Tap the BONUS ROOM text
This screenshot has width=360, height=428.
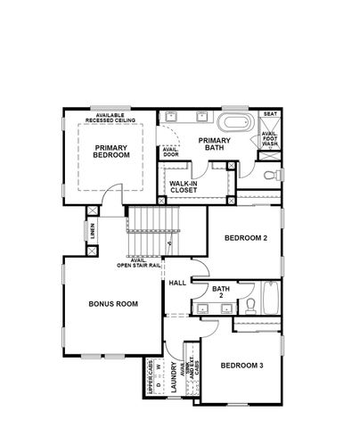[113, 304]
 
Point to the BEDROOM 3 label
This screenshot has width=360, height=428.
[241, 366]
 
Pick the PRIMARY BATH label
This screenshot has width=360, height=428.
[215, 144]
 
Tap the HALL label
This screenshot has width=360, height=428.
[176, 283]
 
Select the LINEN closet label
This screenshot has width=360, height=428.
[92, 231]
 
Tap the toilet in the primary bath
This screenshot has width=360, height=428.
[274, 173]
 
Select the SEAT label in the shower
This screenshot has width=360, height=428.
[271, 115]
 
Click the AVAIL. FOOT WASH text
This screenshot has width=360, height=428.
[270, 139]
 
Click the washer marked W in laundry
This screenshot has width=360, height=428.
[158, 367]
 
